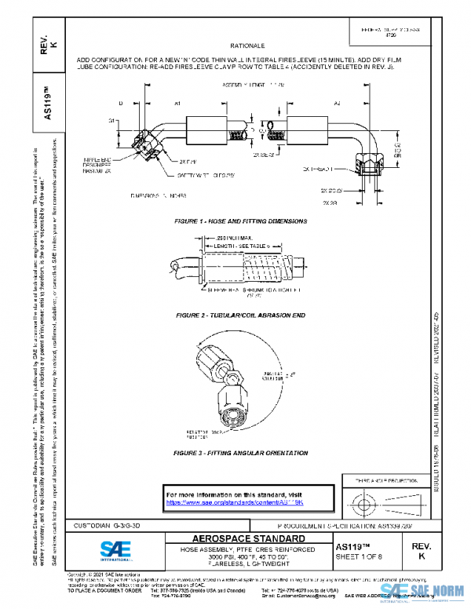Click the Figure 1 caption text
240,221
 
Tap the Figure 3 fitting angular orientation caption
240,453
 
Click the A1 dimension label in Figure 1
177,104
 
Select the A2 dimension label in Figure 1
338,104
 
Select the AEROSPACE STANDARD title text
238,539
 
